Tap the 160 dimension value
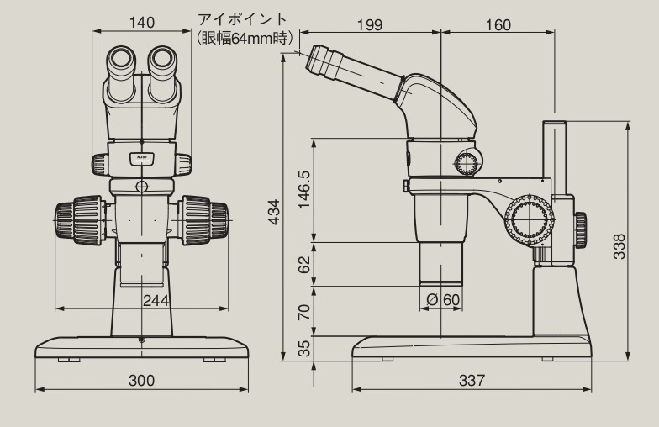498,24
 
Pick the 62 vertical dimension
304,265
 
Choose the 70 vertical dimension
304,312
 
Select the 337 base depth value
472,381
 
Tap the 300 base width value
141,381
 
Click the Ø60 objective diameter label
444,300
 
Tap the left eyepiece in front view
120,62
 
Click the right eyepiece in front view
163,62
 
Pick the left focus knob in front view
77,218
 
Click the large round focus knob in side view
529,220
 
